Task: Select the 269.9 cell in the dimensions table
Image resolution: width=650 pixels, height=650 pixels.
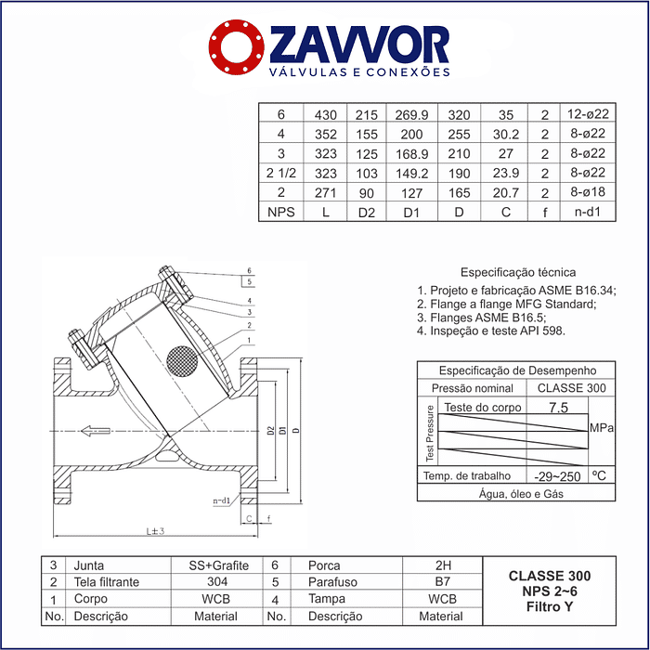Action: [x=411, y=115]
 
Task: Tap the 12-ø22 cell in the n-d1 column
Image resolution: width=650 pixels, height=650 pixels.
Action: [x=588, y=113]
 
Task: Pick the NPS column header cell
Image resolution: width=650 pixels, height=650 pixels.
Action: [x=281, y=212]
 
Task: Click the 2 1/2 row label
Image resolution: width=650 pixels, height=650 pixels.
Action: [x=281, y=173]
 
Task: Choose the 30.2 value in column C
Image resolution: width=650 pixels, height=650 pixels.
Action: [x=506, y=134]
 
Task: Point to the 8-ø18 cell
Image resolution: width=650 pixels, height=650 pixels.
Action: [x=588, y=192]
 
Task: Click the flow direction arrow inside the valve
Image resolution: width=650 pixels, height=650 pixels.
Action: [x=96, y=431]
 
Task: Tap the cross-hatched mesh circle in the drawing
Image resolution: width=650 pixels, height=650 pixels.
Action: [x=182, y=361]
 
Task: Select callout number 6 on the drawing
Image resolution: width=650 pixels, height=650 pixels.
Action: [x=249, y=271]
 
